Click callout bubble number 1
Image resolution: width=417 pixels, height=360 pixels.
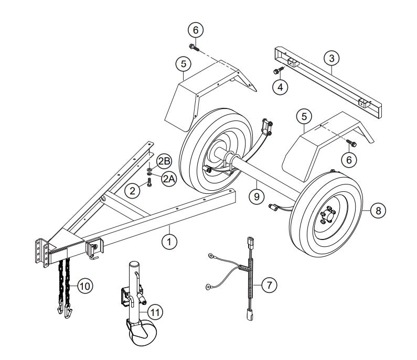(x=169, y=242)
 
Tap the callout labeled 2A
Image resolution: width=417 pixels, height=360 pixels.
(x=168, y=178)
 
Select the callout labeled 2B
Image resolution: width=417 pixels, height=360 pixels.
(x=163, y=159)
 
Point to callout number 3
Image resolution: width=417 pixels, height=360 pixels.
(x=330, y=57)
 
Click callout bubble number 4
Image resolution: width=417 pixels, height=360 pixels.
(x=282, y=86)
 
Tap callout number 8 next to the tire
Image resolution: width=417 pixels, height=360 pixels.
(x=378, y=211)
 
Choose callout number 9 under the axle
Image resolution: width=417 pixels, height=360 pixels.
(x=256, y=197)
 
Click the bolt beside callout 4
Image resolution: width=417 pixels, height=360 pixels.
(x=276, y=71)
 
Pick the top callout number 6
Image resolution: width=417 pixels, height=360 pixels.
(x=195, y=30)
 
